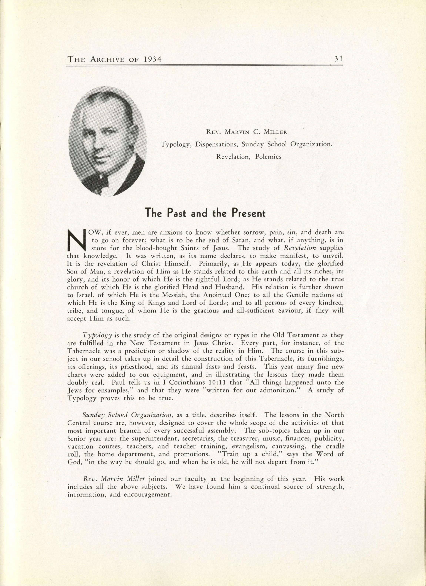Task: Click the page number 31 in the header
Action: coord(338,59)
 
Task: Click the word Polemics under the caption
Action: coord(268,157)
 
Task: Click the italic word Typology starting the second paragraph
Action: coord(97,335)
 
